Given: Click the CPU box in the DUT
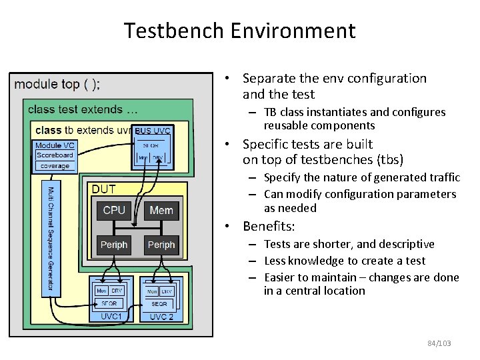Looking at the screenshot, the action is [114, 211].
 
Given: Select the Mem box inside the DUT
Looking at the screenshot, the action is [161, 211].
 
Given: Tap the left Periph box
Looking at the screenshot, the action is [114, 245].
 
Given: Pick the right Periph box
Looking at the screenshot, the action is [161, 245].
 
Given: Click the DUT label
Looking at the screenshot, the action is [104, 189].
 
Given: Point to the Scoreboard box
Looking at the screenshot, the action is [55, 155].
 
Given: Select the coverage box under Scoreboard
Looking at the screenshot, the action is [55, 165].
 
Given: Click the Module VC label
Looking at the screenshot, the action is [55, 145].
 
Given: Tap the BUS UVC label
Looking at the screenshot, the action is [153, 131].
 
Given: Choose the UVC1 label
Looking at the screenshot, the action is [110, 316].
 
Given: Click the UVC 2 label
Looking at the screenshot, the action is [162, 316].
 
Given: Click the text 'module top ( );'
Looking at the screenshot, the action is [57, 84].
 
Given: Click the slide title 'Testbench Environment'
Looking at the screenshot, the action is [239, 31].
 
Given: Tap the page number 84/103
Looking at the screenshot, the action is [439, 343].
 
